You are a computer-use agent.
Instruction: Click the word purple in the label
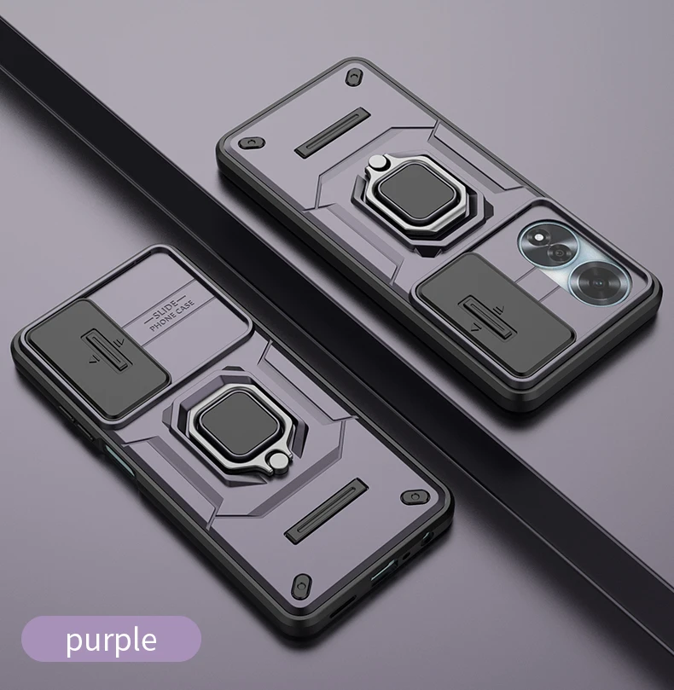pos(112,641)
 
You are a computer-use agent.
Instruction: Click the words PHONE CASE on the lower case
pos(171,316)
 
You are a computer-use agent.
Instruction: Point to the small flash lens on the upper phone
pos(538,238)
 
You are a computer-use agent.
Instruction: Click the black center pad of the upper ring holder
pos(416,192)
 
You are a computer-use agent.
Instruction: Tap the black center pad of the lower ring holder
pos(240,424)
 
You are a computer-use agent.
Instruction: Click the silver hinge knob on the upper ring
pos(376,162)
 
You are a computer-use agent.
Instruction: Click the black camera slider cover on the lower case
pos(98,358)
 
